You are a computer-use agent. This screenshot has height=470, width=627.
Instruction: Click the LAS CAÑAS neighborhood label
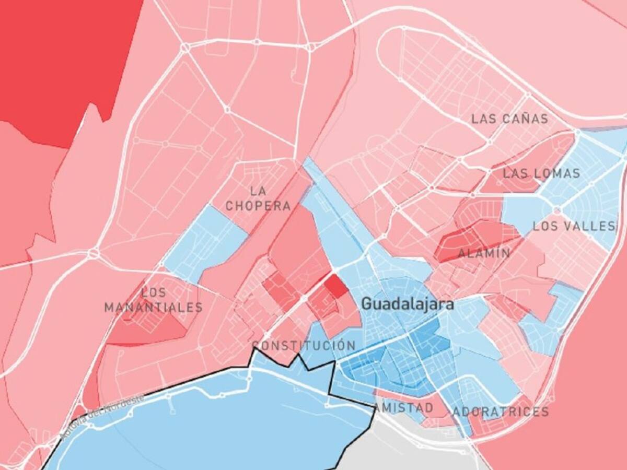509,119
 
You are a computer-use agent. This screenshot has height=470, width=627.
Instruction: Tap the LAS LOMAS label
541,173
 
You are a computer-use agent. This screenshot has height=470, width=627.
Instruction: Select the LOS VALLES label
574,226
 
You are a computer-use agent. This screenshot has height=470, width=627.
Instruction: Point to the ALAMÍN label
484,254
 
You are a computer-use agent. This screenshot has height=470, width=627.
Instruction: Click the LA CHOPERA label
258,198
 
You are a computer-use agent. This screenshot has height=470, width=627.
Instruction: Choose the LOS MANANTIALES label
153,300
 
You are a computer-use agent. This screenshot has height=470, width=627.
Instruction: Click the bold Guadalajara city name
408,304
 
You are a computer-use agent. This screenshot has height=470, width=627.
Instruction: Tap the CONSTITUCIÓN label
304,346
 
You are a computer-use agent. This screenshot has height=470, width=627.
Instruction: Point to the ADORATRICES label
500,412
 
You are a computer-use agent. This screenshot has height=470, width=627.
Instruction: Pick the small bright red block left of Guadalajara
336,286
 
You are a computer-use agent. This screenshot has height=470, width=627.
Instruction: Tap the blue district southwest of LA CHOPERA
206,243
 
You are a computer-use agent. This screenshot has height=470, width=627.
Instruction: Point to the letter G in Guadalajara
366,304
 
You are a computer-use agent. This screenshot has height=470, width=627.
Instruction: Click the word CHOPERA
258,206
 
